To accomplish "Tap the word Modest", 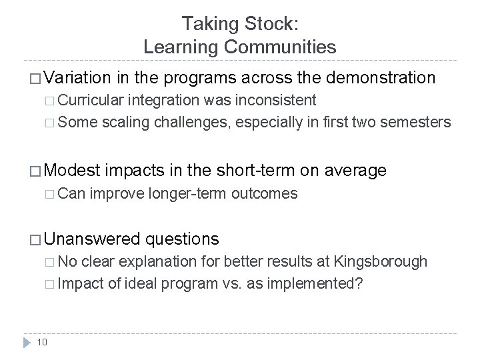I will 71,171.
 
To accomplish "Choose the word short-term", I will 254,171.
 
